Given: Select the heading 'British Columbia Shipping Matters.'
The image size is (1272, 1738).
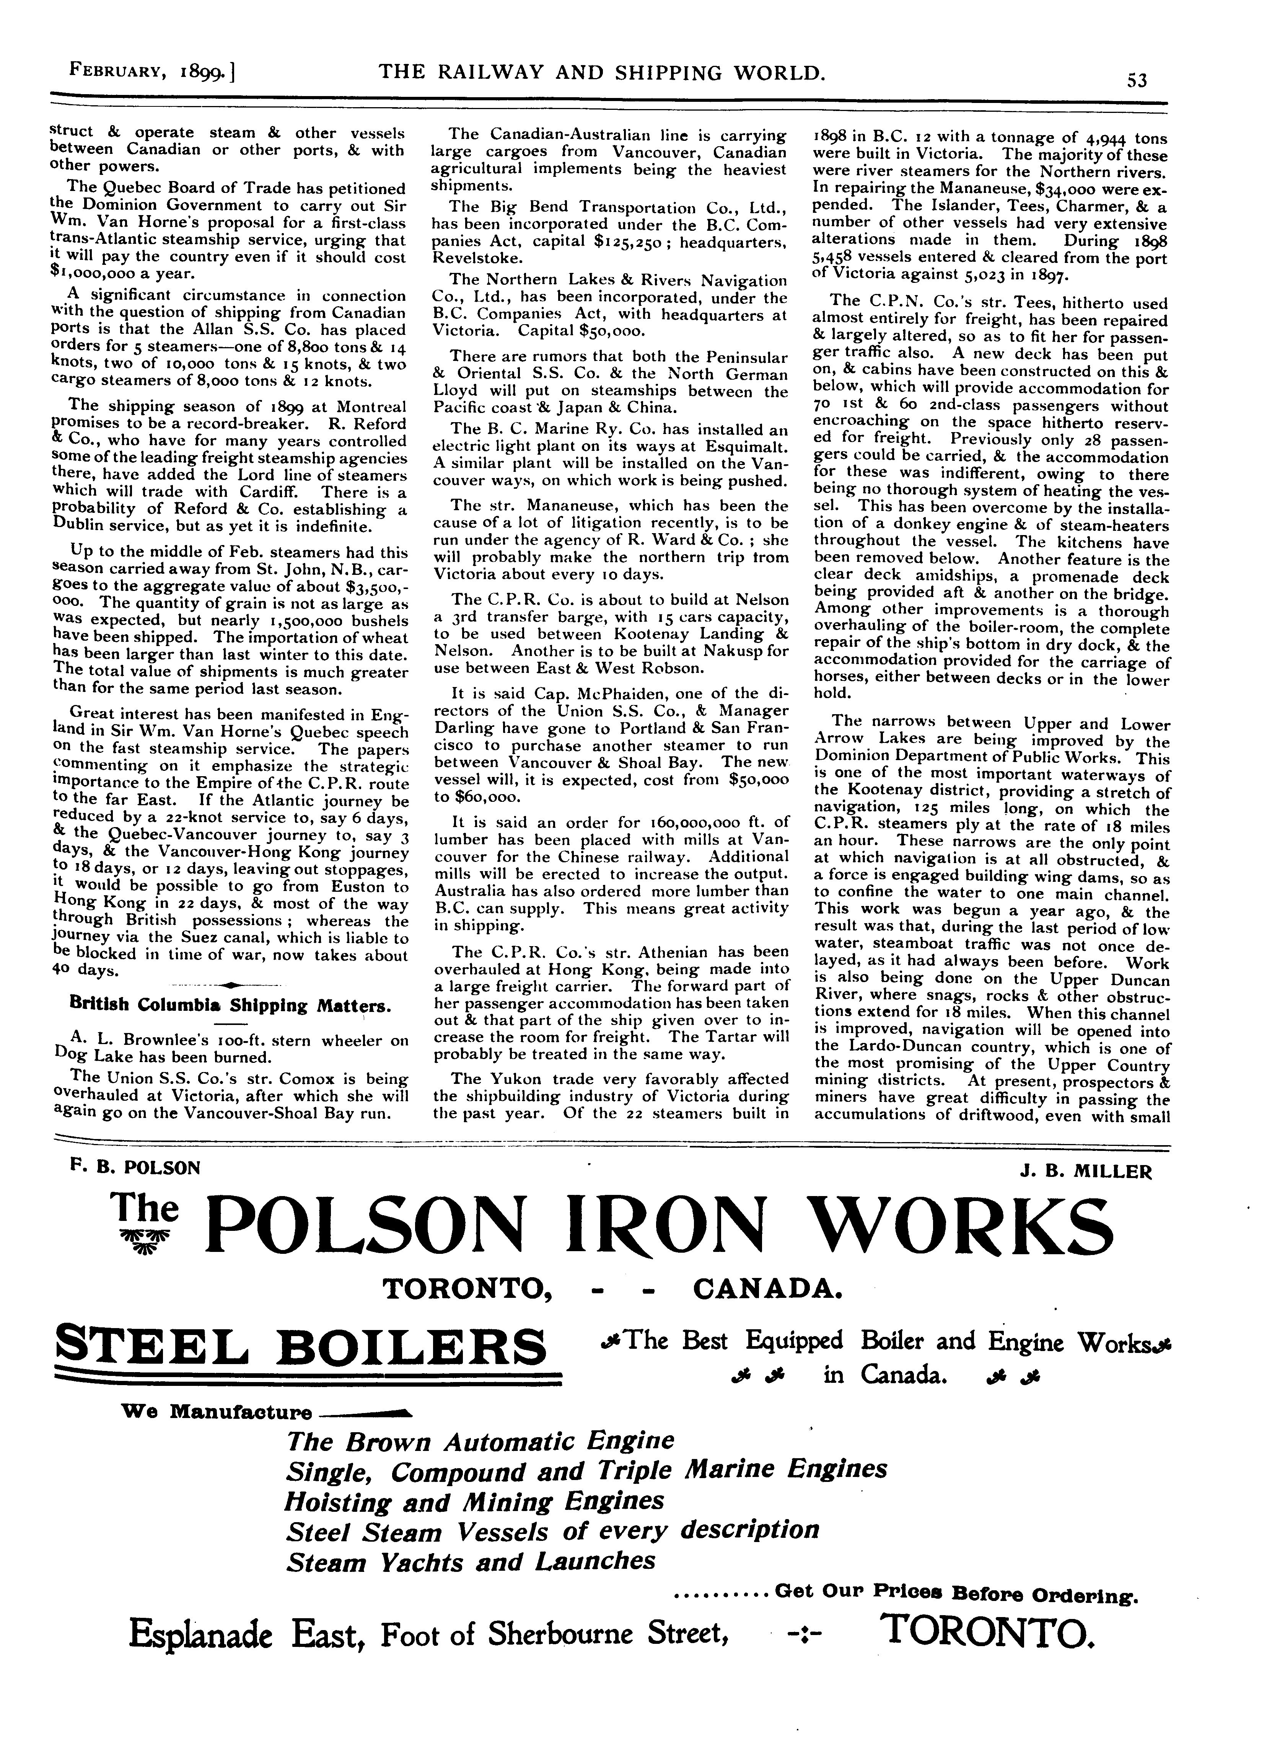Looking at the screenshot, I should pos(230,1005).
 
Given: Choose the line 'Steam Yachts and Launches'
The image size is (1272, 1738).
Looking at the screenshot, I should pos(471,1561).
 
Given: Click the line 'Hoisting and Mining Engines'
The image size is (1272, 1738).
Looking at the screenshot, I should pos(474,1501).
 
